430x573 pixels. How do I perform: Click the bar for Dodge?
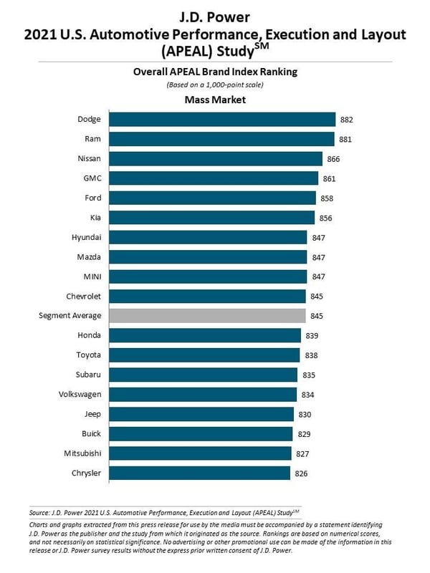click(223, 120)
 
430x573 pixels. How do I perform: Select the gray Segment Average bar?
click(208, 316)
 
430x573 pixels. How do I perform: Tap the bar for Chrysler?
click(200, 473)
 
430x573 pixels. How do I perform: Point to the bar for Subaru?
click(204, 375)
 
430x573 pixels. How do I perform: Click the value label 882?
click(348, 120)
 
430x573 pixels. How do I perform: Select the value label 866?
click(334, 159)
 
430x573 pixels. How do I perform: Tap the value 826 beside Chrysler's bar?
click(302, 473)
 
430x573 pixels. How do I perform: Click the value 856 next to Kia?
click(326, 218)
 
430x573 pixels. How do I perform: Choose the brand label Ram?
click(94, 139)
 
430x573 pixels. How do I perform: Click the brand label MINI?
click(91, 276)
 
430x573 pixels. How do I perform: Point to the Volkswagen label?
click(80, 394)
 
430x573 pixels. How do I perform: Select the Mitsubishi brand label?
click(82, 453)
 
